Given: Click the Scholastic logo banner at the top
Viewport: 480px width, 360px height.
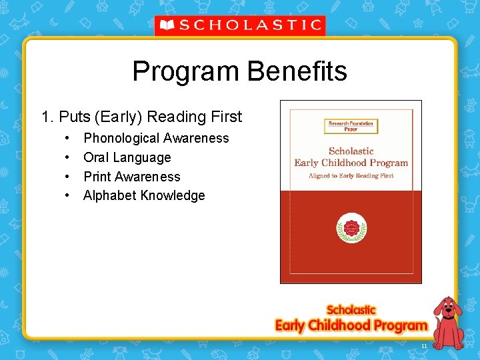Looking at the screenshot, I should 240,26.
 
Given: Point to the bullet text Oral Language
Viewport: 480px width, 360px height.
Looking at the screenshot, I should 127,158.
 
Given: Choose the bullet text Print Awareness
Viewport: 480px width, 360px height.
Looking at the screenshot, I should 131,177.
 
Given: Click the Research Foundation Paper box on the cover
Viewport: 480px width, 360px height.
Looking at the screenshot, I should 351,125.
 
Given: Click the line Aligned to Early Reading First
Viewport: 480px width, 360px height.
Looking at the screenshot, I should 351,175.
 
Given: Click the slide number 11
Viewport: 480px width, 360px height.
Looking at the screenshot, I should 424,346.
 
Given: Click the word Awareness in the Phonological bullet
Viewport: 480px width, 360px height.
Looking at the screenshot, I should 197,139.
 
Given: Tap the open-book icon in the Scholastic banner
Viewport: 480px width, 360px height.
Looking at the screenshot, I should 167,26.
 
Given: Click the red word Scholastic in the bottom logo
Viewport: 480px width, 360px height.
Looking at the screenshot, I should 351,310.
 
